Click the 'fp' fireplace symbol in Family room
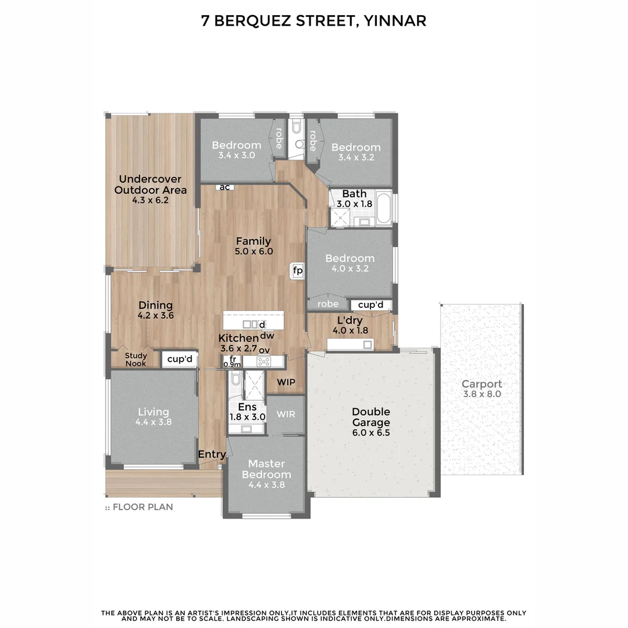pyautogui.click(x=297, y=270)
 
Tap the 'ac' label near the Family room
pyautogui.click(x=224, y=187)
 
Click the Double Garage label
pyautogui.click(x=370, y=417)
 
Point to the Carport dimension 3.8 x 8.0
pyautogui.click(x=481, y=394)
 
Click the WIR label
pyautogui.click(x=286, y=415)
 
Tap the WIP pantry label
pyautogui.click(x=286, y=382)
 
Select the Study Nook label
pyautogui.click(x=136, y=359)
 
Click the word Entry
pyautogui.click(x=212, y=454)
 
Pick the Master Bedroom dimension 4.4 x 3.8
pyautogui.click(x=266, y=485)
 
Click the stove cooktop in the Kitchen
pyautogui.click(x=264, y=362)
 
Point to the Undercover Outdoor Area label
pyautogui.click(x=151, y=184)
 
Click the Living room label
pyautogui.click(x=154, y=412)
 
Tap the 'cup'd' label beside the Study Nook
pyautogui.click(x=180, y=359)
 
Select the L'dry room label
pyautogui.click(x=351, y=320)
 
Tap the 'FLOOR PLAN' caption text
pyautogui.click(x=142, y=506)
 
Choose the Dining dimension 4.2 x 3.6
pyautogui.click(x=155, y=316)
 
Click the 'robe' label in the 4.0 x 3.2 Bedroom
pyautogui.click(x=328, y=304)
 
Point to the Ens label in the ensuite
pyautogui.click(x=247, y=407)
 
